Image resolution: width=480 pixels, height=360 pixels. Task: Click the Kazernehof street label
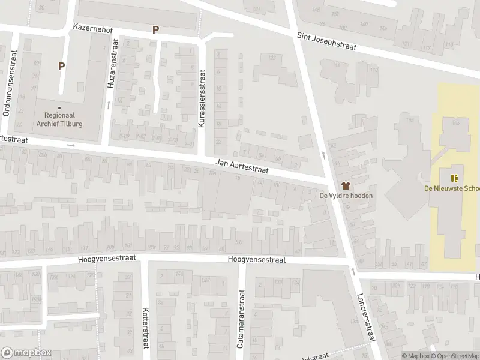93,28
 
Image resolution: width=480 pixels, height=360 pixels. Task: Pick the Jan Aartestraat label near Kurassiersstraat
242,166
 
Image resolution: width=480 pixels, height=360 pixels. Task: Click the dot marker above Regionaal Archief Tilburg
59,107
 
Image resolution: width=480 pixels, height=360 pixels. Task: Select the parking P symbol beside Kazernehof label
156,29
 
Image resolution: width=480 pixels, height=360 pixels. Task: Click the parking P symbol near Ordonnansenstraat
61,66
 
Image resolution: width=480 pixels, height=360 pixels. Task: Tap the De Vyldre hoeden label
346,196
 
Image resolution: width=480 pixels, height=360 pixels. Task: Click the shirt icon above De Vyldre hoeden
346,185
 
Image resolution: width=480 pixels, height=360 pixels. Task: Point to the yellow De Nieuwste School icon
454,178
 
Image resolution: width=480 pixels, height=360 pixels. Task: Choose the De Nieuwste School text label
452,188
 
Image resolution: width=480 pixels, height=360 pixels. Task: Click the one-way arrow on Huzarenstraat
108,106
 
